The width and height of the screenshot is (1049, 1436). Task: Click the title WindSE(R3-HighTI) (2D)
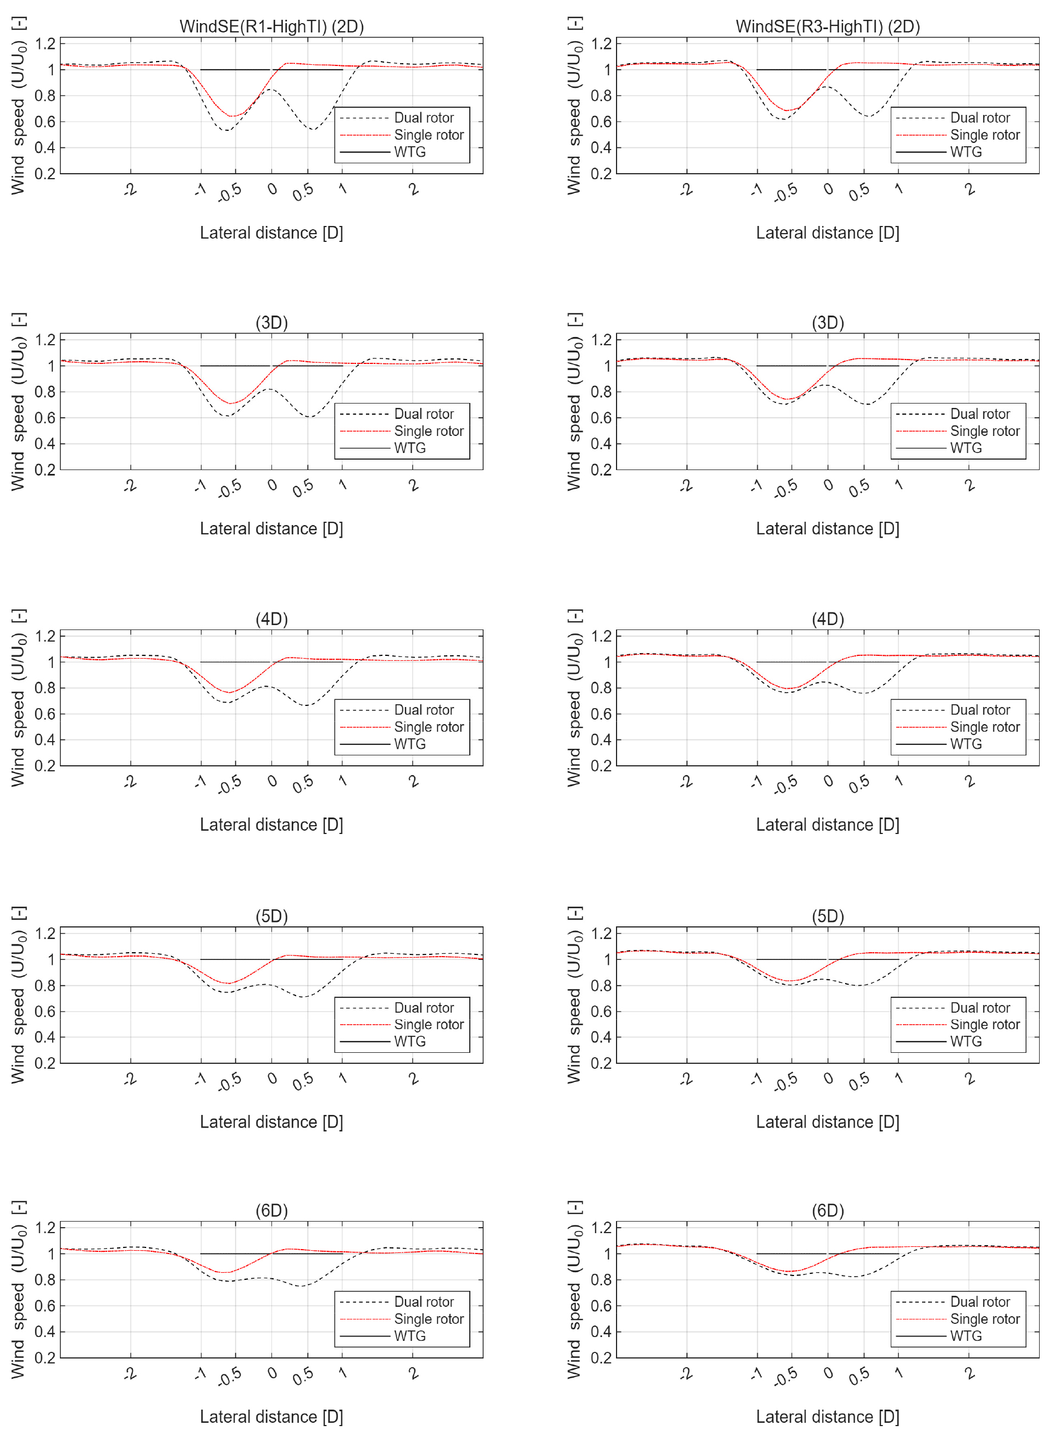[x=828, y=27]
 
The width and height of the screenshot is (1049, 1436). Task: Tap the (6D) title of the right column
[x=828, y=1211]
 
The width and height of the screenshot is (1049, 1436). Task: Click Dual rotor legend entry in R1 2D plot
[x=424, y=118]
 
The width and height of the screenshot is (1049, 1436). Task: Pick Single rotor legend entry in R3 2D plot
[x=984, y=135]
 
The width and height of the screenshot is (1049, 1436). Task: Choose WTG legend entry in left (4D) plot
[x=409, y=744]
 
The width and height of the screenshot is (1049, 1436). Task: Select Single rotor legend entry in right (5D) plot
[x=984, y=1024]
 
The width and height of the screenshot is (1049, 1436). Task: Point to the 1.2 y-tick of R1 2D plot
[x=45, y=44]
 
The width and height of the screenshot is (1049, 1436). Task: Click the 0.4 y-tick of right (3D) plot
[x=601, y=444]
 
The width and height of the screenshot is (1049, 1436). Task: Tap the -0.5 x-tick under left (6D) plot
[x=230, y=1376]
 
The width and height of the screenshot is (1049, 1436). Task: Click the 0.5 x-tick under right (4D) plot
[x=858, y=785]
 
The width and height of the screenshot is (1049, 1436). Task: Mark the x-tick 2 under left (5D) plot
[x=413, y=1079]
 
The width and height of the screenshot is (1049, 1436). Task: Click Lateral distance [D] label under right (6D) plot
[x=828, y=1417]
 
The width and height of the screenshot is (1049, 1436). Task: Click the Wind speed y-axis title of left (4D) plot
[x=18, y=699]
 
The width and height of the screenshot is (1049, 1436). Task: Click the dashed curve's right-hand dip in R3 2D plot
[x=868, y=116]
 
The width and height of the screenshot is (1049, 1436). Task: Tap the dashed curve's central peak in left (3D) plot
[x=270, y=389]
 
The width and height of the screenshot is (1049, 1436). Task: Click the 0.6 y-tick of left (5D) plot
[x=45, y=1011]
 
